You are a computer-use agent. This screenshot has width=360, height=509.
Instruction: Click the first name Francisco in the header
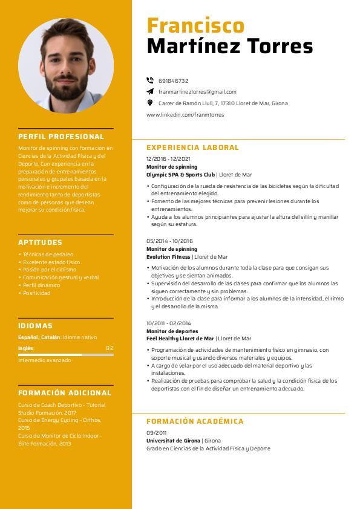pos(195,25)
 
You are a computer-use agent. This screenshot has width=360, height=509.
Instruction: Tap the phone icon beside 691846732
pos(150,80)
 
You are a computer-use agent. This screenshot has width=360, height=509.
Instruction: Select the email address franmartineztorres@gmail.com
pos(197,92)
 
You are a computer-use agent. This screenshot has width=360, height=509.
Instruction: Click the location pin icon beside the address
pos(150,103)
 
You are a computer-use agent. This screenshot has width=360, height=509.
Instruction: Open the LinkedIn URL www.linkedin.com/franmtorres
pos(185,115)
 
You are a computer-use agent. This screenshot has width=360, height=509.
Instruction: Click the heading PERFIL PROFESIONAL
pos(61,137)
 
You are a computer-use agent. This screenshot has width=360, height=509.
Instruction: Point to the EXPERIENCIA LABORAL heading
pos(192,148)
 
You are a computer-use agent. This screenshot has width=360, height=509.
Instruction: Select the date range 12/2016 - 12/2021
pos(164,159)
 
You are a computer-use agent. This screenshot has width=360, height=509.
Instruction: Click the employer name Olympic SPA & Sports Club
pos(180,174)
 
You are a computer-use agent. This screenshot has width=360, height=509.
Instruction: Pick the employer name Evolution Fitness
pos(168,257)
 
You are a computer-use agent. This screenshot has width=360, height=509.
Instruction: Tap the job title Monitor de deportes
pos(172,331)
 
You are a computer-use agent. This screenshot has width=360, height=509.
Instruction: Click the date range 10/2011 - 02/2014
pos(168,323)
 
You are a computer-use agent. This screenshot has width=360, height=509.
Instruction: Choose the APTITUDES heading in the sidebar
pos(40,242)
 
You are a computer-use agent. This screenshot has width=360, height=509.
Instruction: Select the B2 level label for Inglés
pos(110,348)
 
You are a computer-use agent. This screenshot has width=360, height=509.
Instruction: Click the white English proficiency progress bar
pos(50,355)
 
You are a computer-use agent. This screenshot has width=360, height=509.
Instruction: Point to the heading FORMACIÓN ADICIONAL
pos(65,392)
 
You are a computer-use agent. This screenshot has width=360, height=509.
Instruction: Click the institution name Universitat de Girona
pos(174,441)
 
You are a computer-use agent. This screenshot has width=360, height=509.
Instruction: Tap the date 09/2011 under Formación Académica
pos(156,433)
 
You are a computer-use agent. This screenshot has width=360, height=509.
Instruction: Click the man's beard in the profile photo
pos(67,91)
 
